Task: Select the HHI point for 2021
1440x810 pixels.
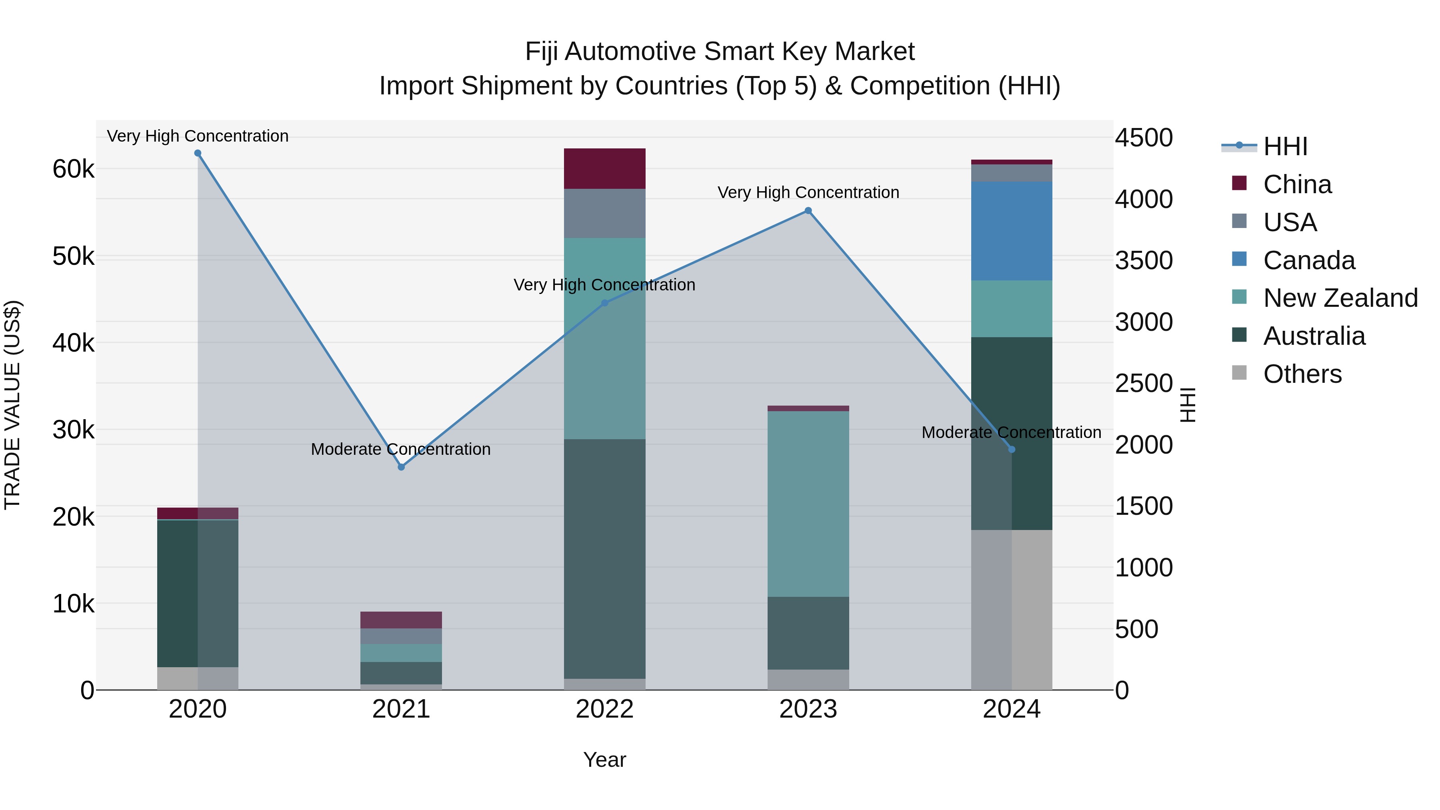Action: [401, 467]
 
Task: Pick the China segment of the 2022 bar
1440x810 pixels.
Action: [604, 168]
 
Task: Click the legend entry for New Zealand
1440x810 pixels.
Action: [1340, 298]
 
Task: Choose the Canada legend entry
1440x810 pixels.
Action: [1309, 260]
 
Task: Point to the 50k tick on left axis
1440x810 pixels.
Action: [73, 256]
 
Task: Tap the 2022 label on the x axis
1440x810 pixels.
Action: [604, 709]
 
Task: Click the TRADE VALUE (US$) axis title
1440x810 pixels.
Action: [12, 405]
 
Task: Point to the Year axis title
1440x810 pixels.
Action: [604, 760]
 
